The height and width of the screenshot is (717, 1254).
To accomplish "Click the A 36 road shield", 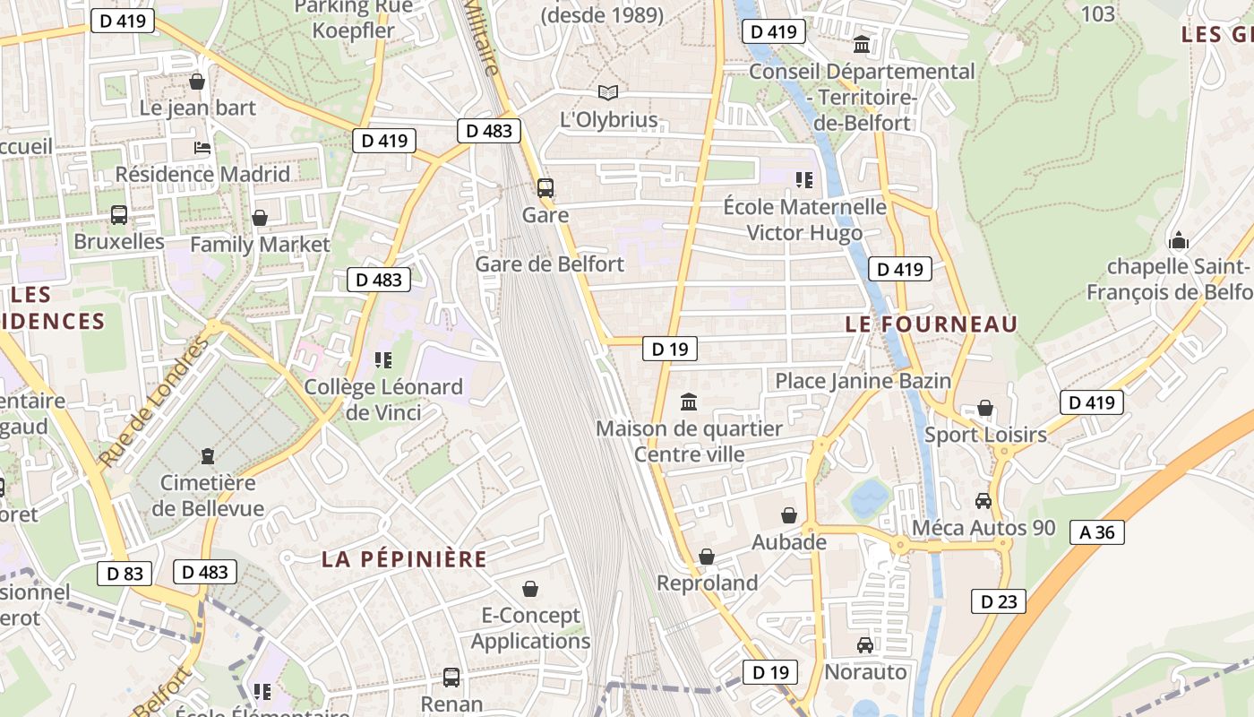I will point(1096,532).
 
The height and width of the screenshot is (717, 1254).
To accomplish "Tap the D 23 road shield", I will point(998,601).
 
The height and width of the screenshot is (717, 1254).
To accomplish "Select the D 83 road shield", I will point(125,574).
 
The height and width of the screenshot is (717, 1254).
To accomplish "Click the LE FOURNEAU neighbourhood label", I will point(932,324).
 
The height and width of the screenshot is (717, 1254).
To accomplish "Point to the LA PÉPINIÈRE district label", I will point(404,560).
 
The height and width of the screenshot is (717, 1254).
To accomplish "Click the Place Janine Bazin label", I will point(863,381).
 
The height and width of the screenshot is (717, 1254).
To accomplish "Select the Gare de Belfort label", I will point(549,264).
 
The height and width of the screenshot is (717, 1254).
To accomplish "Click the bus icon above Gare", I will point(545,188).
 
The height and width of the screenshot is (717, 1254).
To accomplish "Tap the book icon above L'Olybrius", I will point(608,92).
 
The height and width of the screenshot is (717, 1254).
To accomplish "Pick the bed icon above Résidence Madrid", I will point(202,148).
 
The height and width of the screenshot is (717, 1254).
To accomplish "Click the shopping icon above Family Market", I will point(260,218).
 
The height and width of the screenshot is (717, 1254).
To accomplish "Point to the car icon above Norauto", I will point(864,645).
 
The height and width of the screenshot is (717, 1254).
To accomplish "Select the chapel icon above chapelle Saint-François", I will point(1178,240).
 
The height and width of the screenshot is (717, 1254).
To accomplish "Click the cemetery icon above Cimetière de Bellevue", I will point(208,456).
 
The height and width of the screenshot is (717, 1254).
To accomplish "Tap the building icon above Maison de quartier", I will point(689,402).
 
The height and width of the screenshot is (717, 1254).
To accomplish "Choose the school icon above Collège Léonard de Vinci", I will point(383,360).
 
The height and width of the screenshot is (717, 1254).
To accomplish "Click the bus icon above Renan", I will point(451,677).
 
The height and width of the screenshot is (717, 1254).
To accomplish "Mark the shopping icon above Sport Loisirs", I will point(985,409).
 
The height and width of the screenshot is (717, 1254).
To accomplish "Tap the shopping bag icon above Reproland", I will point(707,557).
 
